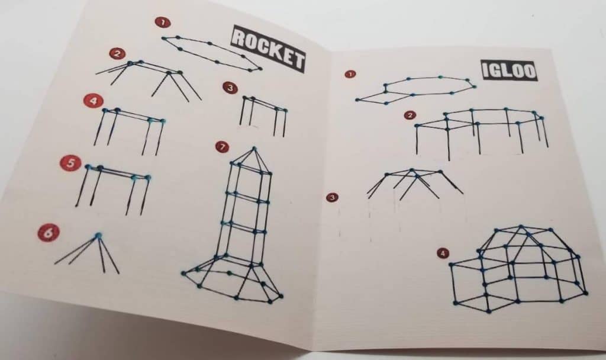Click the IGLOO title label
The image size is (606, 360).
(509, 70)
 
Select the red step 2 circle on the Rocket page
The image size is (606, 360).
(117, 54)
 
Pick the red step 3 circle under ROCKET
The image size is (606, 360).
(230, 88)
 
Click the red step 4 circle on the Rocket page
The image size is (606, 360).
(92, 101)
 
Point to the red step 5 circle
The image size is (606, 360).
(70, 163)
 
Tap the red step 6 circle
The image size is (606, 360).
(49, 232)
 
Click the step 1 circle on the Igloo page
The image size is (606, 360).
(350, 75)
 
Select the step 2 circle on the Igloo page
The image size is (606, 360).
(408, 115)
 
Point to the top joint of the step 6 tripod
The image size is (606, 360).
(98, 236)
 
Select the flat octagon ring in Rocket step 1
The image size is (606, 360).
(212, 54)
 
